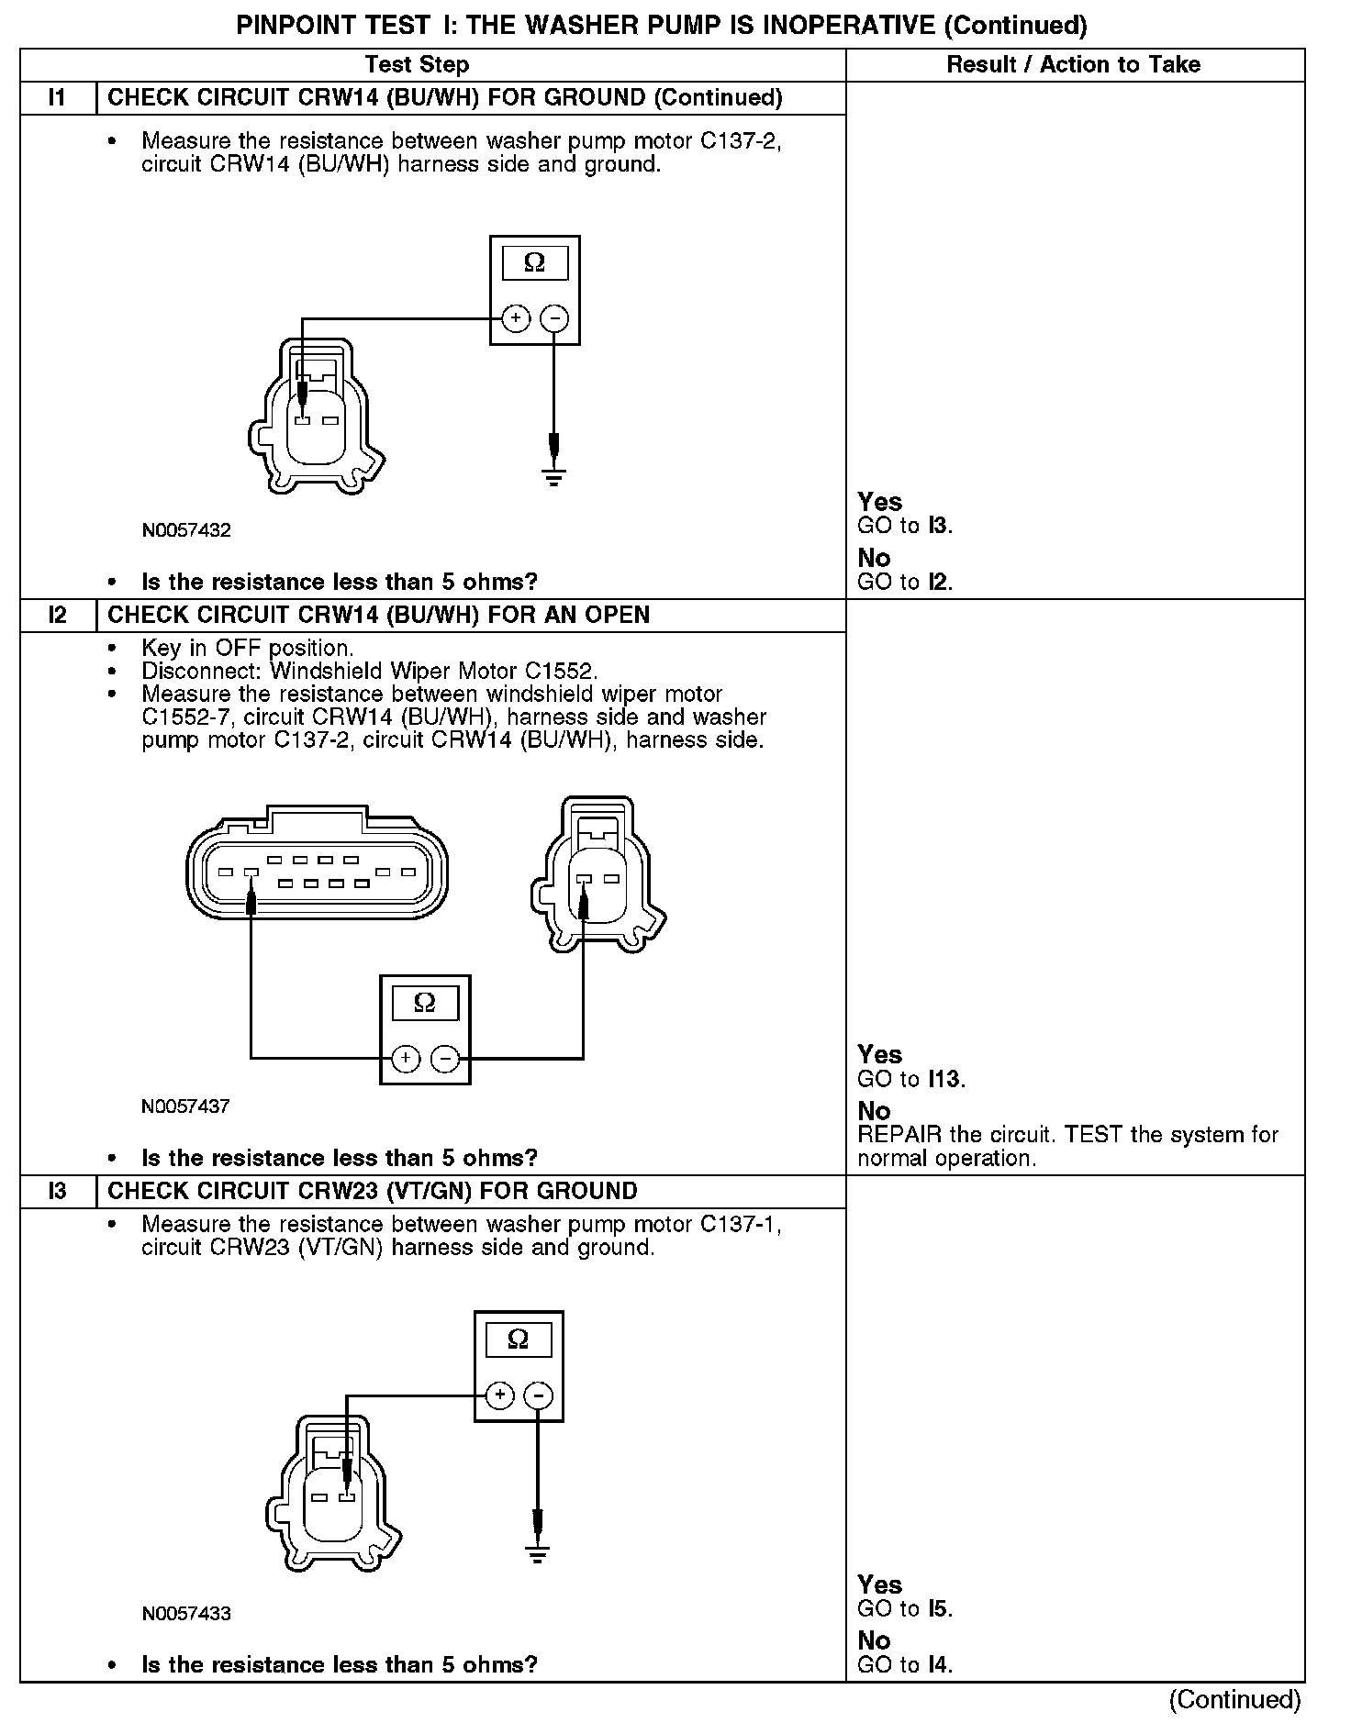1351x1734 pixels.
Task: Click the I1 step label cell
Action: (x=57, y=97)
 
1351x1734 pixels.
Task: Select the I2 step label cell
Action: (x=57, y=615)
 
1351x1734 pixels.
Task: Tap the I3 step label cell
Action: (x=57, y=1191)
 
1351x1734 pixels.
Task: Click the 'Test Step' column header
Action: (x=417, y=64)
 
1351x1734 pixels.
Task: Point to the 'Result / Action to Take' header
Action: (x=1073, y=64)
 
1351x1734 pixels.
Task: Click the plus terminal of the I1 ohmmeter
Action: (x=516, y=318)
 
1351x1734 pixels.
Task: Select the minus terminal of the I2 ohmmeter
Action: (x=445, y=1059)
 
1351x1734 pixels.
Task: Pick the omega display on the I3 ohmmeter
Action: (x=519, y=1339)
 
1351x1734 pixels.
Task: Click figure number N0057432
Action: (x=186, y=530)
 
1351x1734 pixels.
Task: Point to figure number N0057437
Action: (x=186, y=1106)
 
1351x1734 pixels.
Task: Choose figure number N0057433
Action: (x=186, y=1613)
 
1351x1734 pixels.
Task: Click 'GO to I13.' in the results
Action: (x=911, y=1079)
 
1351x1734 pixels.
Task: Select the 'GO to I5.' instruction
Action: (x=905, y=1608)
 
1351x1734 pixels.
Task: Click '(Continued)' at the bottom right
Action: (x=1235, y=1699)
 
